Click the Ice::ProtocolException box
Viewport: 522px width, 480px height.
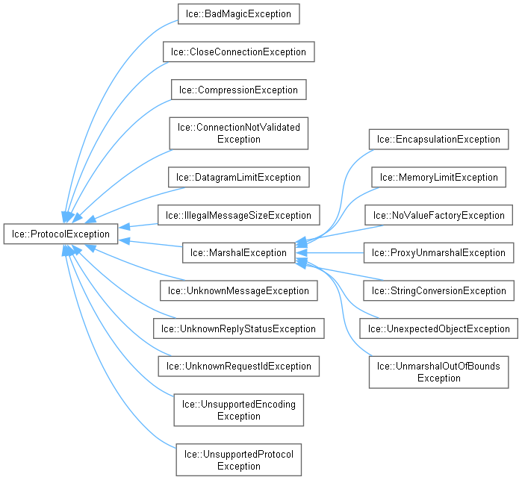click(x=60, y=234)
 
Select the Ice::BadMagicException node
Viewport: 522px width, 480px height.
click(x=238, y=14)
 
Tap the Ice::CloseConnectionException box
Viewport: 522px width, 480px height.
click(x=238, y=52)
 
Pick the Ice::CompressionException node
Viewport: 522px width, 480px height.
click(x=238, y=90)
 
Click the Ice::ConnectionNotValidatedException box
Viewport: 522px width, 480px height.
click(x=238, y=133)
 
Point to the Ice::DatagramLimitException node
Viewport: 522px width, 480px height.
click(x=238, y=177)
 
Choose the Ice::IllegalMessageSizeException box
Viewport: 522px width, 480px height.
click(x=238, y=215)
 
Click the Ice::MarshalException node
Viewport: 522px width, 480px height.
click(x=237, y=252)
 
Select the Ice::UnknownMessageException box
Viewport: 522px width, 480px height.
click(x=238, y=290)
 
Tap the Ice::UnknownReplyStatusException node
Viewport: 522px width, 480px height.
click(x=238, y=328)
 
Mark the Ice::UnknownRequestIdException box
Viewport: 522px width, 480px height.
click(x=238, y=366)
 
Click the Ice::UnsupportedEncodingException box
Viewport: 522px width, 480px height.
click(x=238, y=410)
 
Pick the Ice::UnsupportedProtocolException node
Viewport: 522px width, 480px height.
click(x=238, y=460)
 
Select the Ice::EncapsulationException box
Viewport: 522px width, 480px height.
click(x=438, y=139)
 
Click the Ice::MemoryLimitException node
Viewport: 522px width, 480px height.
click(x=438, y=177)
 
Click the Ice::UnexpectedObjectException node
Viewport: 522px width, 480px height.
click(x=438, y=328)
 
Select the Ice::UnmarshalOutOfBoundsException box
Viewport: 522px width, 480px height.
click(x=438, y=372)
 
